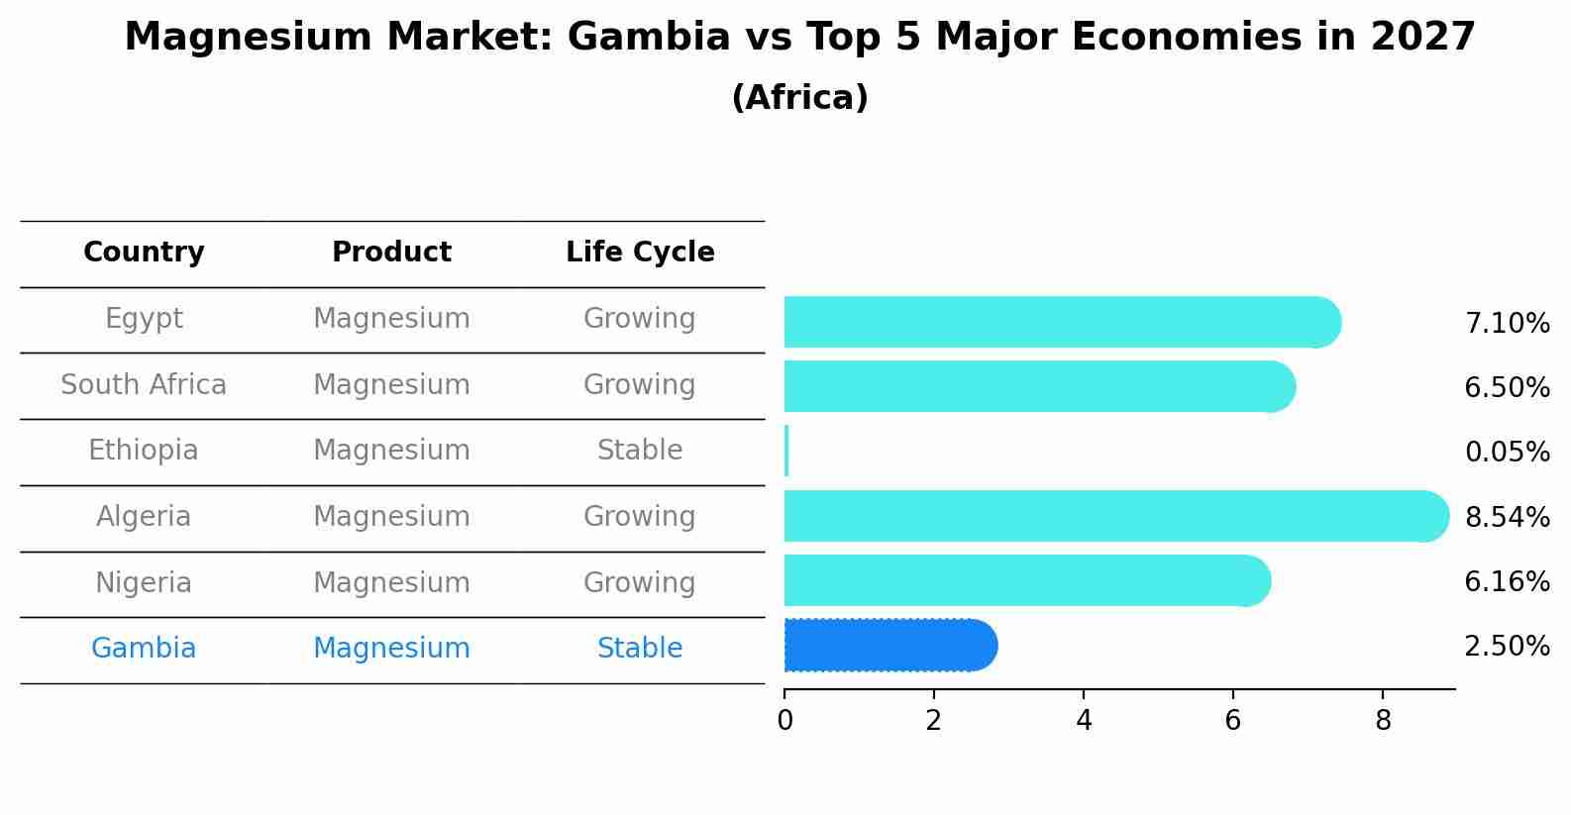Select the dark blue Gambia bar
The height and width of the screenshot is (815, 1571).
(890, 646)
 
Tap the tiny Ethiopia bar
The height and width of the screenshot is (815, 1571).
(786, 452)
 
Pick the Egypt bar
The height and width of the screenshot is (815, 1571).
(1060, 322)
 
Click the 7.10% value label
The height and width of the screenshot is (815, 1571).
(1507, 324)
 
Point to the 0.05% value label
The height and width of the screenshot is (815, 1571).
(1507, 453)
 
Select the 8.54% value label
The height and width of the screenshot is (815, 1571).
(1507, 517)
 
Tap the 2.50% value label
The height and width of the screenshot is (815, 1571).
(1507, 647)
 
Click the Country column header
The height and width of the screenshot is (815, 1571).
(144, 253)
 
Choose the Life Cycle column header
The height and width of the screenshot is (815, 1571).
(640, 253)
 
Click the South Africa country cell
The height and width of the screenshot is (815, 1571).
(144, 385)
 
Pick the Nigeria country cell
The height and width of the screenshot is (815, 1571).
(144, 583)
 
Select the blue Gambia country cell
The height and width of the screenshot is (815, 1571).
(144, 649)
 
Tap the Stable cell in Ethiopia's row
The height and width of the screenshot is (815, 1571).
(640, 451)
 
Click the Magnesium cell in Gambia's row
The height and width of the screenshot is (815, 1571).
(391, 649)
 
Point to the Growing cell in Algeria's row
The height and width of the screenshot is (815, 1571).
(640, 517)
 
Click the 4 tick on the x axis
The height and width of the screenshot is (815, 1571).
(1084, 721)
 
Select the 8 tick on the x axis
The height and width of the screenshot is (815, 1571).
(1383, 721)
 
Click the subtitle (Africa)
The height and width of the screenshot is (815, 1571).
(799, 98)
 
